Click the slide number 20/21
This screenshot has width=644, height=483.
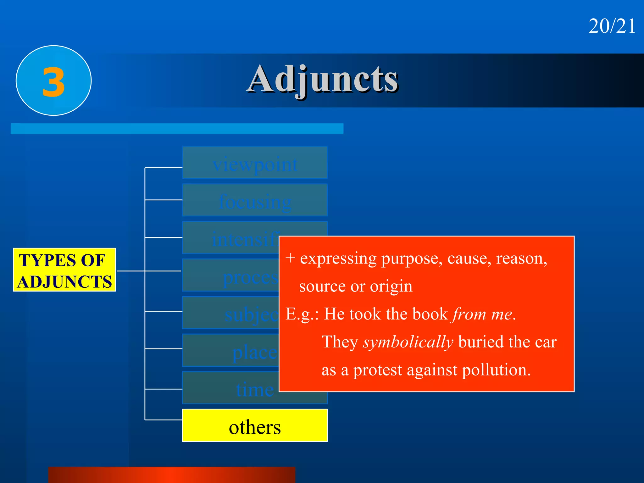[612, 26]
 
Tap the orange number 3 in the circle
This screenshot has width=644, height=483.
[53, 82]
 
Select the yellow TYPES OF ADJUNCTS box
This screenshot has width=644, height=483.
[64, 270]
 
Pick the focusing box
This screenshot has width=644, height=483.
[255, 201]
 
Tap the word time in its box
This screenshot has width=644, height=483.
[255, 390]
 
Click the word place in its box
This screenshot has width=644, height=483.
[254, 352]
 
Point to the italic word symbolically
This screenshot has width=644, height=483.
[408, 342]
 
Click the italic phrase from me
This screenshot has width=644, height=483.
[482, 314]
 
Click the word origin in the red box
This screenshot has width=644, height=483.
[391, 286]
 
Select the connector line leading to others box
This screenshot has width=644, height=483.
[164, 419]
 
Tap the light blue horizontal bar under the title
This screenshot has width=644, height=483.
[177, 129]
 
